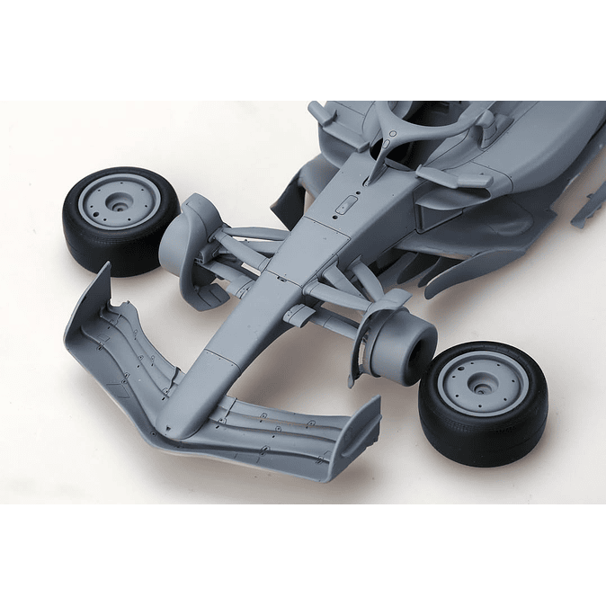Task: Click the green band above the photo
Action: coord(303,49)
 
